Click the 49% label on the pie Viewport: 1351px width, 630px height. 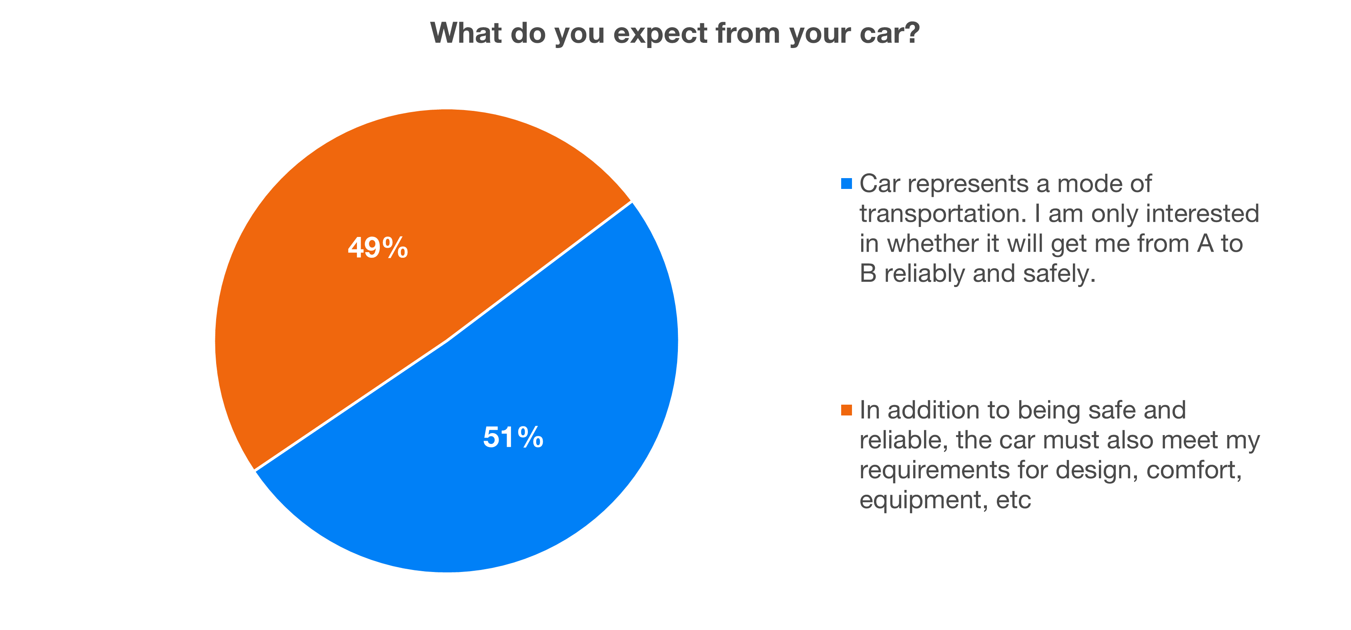[378, 248]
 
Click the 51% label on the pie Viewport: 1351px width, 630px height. [513, 437]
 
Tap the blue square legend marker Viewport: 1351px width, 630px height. [846, 184]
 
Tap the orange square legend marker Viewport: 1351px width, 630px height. [846, 410]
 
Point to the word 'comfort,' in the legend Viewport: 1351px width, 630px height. [1194, 469]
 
